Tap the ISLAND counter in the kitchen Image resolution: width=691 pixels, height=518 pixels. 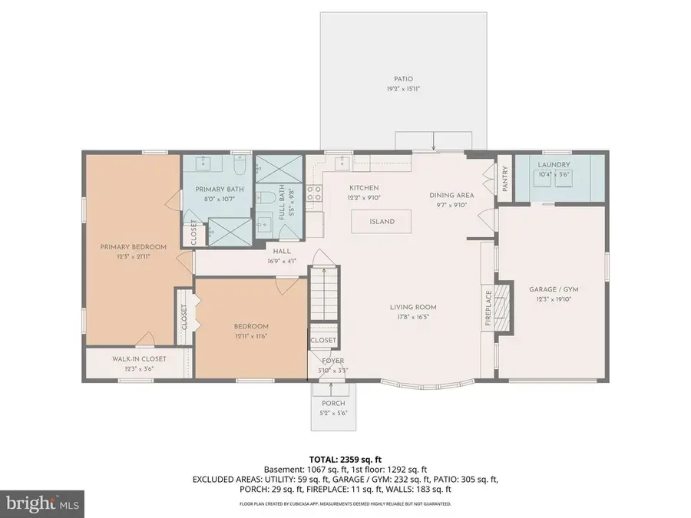coord(382,222)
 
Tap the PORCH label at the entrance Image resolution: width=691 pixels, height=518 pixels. coord(333,403)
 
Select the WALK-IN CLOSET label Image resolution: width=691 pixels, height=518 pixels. coord(139,358)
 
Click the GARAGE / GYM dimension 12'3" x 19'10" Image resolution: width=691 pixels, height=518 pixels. coord(553,299)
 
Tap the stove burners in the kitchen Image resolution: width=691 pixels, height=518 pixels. coord(313,193)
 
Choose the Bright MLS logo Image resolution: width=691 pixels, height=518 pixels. coord(42,503)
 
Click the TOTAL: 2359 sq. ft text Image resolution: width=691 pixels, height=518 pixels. coord(344,457)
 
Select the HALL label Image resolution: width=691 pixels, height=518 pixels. coord(280,251)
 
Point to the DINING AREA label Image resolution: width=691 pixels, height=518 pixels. coord(451,195)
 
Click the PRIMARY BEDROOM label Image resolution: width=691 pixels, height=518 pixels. coord(133,246)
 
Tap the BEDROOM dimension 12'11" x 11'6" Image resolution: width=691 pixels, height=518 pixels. coord(251,335)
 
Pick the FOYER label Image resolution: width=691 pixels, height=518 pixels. coord(332,361)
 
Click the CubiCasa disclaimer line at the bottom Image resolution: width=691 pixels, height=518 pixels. coord(345,504)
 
